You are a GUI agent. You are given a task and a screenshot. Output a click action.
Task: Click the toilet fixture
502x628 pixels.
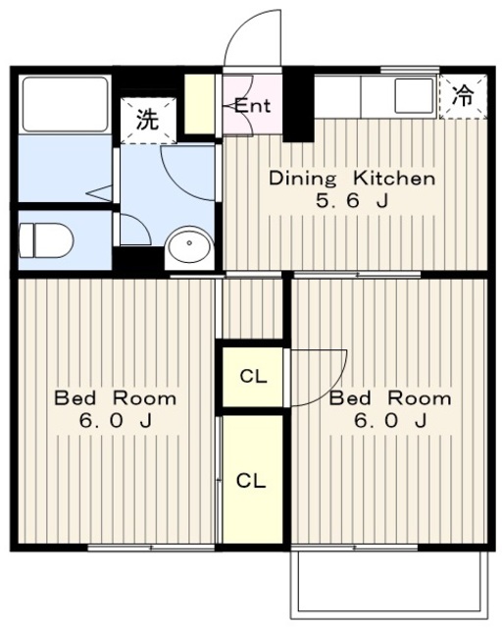coord(46,239)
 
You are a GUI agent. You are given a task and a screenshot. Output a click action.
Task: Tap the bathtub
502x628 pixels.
coord(66,104)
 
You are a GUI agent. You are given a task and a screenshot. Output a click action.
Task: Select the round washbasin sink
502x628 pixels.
coord(189,244)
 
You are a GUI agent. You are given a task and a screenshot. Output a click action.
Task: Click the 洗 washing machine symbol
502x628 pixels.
coord(148,120)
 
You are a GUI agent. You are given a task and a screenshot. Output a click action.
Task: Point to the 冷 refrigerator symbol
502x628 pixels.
coord(463,96)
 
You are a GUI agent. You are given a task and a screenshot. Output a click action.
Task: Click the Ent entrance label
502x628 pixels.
coord(252,106)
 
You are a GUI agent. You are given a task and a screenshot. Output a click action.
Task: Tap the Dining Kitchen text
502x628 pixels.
coord(352,179)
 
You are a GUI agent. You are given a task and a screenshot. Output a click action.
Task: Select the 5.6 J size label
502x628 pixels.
coord(352,200)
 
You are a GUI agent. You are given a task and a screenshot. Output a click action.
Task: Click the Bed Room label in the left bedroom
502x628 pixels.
coord(116,398)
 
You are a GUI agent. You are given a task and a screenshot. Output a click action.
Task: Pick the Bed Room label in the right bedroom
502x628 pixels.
coord(390,398)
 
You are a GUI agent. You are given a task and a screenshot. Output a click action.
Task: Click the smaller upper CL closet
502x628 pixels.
coord(253,377)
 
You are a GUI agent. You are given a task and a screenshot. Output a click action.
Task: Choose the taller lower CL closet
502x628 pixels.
coord(252,480)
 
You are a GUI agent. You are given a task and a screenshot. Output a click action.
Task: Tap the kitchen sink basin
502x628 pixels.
coord(415,96)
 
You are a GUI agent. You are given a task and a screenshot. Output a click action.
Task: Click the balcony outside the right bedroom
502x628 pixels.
coord(389,585)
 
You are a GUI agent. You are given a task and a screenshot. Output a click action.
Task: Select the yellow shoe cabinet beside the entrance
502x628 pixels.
coord(199,105)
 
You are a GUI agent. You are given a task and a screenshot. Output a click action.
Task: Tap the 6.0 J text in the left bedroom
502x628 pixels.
coord(116,421)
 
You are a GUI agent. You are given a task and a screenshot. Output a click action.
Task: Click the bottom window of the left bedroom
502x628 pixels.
coord(151,548)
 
